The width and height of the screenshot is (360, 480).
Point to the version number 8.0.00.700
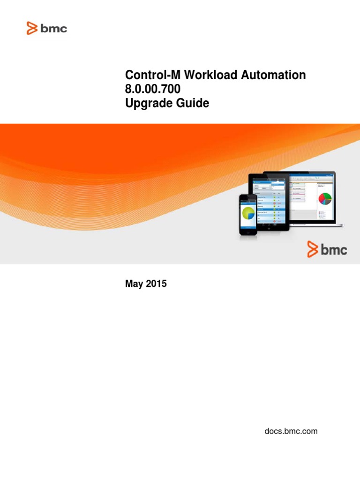(152, 89)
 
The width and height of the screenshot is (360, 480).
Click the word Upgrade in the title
(146, 104)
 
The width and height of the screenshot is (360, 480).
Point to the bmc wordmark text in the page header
(54, 29)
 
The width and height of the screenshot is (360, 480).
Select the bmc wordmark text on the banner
(334, 250)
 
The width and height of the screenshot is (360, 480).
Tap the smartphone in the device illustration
(248, 215)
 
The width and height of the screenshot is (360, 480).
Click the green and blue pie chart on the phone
(248, 212)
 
